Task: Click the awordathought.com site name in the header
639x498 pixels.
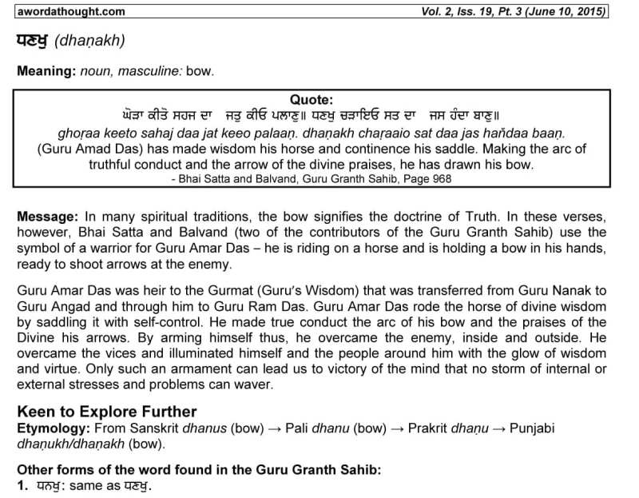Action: pos(69,11)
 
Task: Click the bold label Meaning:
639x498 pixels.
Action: pos(46,71)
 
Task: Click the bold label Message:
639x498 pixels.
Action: pos(47,217)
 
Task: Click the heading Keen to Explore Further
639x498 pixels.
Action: pos(106,412)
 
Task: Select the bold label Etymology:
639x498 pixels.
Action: pos(51,428)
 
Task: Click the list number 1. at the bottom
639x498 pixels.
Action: pos(22,485)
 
